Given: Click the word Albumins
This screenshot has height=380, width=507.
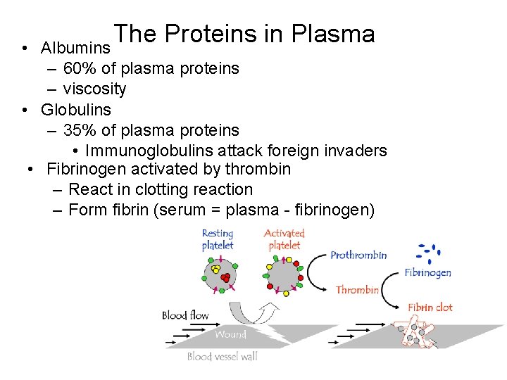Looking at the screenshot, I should pos(75,49).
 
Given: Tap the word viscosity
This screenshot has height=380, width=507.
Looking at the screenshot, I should pos(94,89).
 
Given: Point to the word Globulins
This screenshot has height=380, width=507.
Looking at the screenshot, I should pos(76,110).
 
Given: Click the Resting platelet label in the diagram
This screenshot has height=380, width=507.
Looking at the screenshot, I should pos(218,239).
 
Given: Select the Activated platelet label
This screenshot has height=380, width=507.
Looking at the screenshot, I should pos(284,239).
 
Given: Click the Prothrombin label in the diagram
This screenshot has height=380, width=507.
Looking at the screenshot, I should pos(358,255).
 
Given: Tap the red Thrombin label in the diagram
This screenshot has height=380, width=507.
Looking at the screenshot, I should pos(357,289).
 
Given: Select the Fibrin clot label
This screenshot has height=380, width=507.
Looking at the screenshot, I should pos(430,308).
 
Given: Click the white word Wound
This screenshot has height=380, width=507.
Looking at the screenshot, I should pos(230,334).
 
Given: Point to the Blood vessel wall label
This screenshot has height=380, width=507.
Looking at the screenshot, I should pos(222,356).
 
